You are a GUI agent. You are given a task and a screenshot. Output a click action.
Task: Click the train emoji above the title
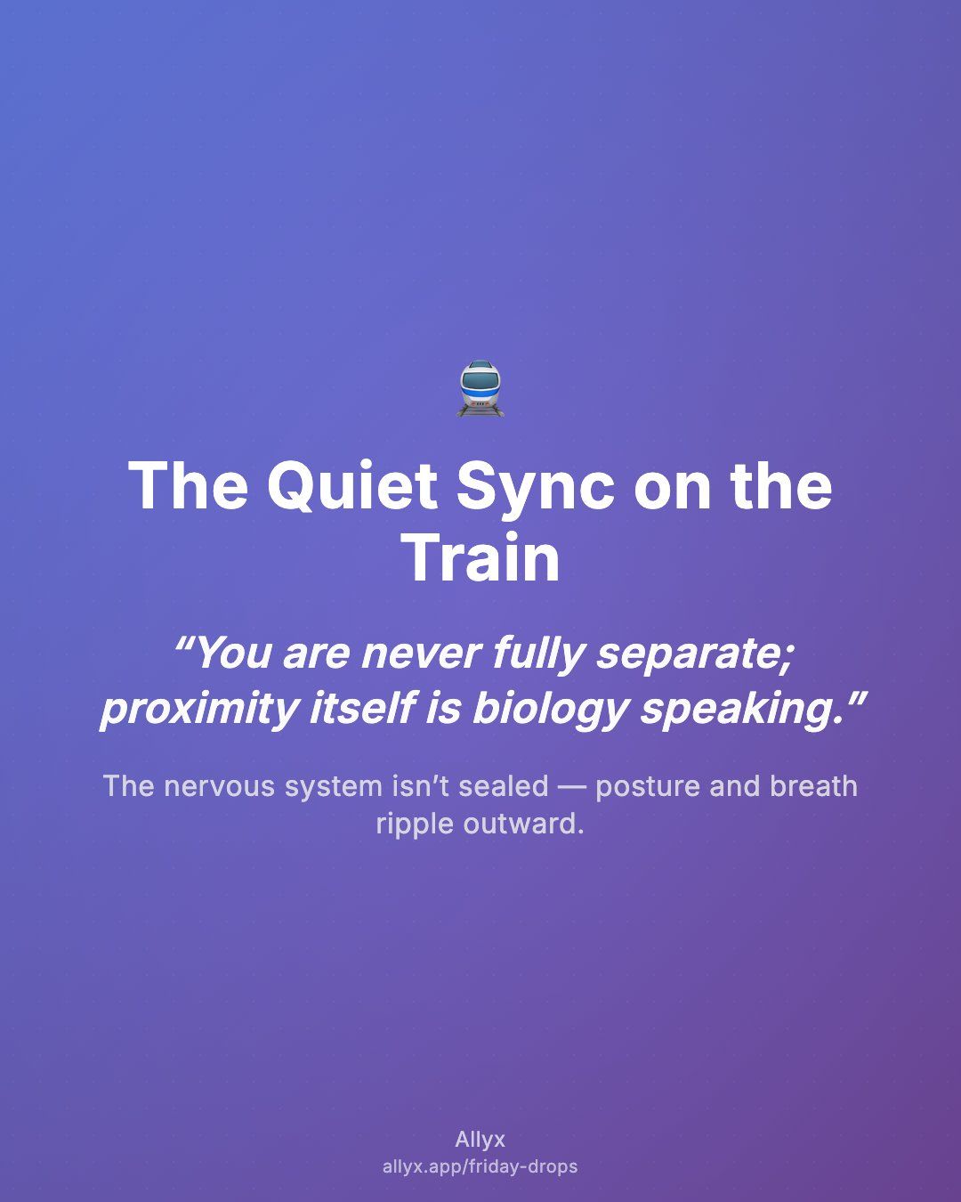480,388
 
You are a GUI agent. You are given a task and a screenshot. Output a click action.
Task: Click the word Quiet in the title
352,486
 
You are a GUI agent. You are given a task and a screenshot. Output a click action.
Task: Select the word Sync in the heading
536,487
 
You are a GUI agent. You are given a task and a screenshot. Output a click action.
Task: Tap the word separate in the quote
694,654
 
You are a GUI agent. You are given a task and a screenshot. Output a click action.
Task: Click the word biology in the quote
551,709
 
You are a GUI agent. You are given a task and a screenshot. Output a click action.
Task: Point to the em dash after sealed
572,787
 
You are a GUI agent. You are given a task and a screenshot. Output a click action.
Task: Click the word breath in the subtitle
813,785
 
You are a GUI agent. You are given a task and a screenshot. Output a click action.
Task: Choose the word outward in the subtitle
524,824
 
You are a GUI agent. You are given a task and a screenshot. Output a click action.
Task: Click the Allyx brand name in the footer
480,1140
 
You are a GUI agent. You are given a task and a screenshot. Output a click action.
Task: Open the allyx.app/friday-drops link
480,1166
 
